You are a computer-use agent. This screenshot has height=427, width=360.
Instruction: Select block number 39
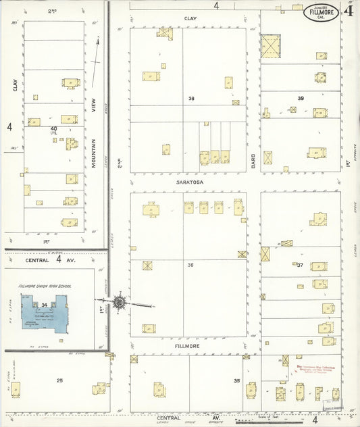(x=301, y=99)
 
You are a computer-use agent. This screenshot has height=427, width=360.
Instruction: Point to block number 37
(x=300, y=265)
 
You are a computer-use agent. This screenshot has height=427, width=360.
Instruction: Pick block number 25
(x=59, y=381)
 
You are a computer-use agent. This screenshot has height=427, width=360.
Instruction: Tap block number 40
(x=53, y=128)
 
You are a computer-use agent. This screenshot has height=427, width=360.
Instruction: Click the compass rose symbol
(x=120, y=303)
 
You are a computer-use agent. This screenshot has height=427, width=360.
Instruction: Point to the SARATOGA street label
(x=190, y=182)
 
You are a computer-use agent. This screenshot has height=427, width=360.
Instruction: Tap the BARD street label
(x=254, y=159)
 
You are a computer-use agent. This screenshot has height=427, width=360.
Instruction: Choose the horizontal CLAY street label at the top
(x=190, y=18)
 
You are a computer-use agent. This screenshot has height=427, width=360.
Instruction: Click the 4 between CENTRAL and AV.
(x=59, y=258)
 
